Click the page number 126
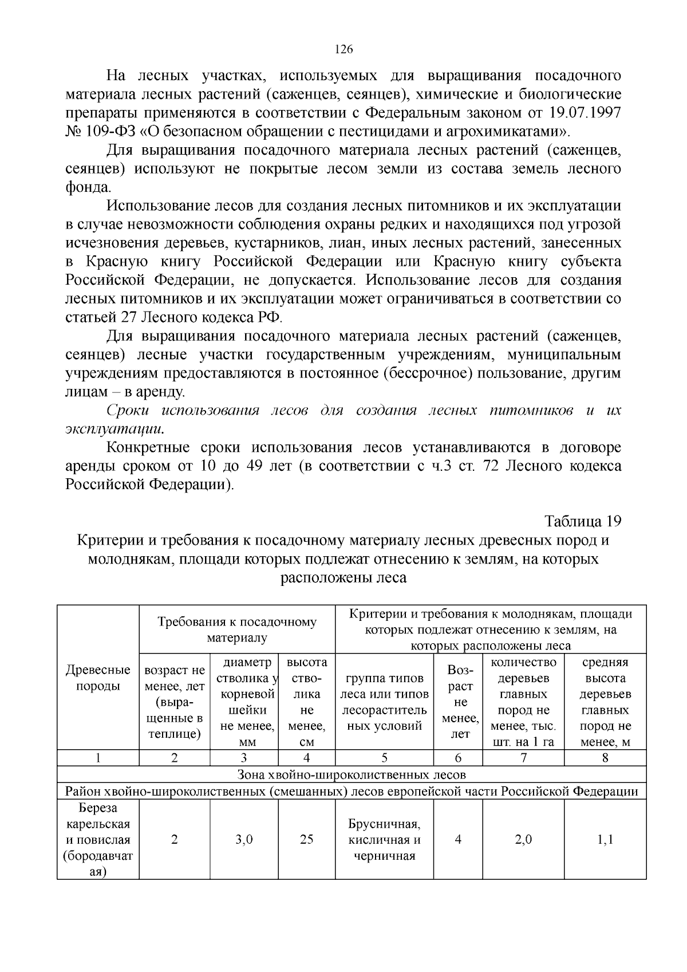[343, 49]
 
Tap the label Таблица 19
[583, 521]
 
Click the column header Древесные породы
[98, 678]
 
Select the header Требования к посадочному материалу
[237, 629]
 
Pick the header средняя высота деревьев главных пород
[605, 702]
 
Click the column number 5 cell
[384, 758]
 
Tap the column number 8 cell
[605, 758]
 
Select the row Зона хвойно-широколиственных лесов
[352, 775]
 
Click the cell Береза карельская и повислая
[98, 840]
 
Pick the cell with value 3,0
[244, 840]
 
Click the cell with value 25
[306, 840]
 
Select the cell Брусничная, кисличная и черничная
[384, 840]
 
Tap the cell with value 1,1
[605, 840]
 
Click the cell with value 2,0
[523, 840]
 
